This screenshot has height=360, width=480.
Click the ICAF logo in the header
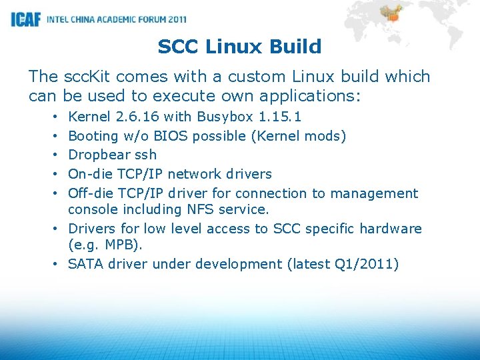[x=26, y=19]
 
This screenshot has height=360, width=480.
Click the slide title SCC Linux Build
[x=239, y=47]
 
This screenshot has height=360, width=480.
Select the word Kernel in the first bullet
[x=90, y=117]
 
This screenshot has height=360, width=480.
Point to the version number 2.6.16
[x=137, y=117]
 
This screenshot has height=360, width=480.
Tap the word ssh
[x=146, y=155]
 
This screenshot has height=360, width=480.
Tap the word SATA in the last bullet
[x=85, y=264]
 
